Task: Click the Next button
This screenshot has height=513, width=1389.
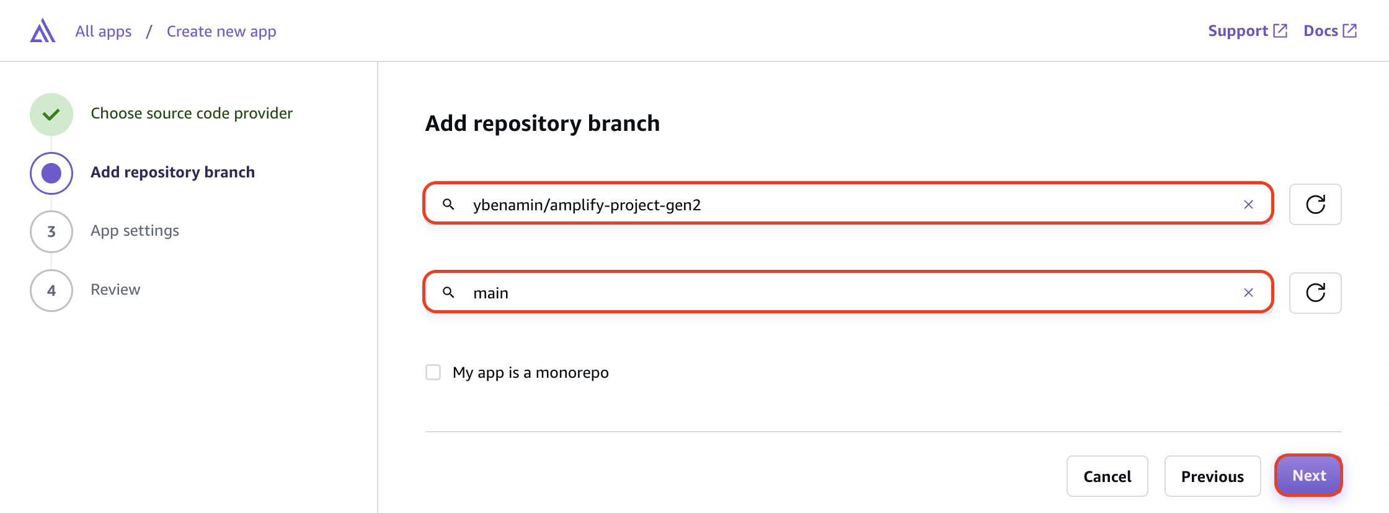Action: pos(1308,476)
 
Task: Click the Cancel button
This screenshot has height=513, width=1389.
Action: pos(1107,476)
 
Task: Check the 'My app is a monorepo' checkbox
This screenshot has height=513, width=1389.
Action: pos(433,372)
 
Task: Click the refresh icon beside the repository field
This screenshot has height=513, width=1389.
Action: pos(1315,204)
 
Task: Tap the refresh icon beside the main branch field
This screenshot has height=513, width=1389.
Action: pos(1315,293)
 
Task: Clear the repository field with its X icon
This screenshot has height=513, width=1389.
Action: pos(1248,205)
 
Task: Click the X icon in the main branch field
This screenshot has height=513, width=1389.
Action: pos(1248,293)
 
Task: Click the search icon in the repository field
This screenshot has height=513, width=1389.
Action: pos(448,204)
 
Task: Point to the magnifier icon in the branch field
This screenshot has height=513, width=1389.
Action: pos(448,292)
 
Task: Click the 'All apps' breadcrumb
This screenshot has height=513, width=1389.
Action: pos(104,32)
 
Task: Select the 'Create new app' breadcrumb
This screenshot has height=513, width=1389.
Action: pos(221,32)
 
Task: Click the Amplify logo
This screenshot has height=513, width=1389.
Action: pos(43,31)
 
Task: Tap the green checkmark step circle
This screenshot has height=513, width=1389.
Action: pos(51,114)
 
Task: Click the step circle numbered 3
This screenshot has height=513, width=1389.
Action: pos(51,231)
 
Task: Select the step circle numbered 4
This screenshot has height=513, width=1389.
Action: pos(51,290)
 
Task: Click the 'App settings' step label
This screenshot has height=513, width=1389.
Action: pos(135,231)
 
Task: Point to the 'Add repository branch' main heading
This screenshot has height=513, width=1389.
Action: pos(542,123)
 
